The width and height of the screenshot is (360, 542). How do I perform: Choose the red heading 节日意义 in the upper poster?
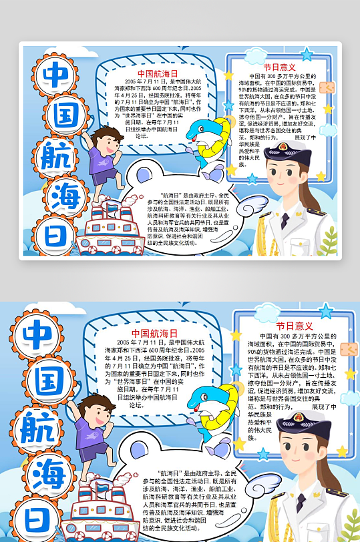point(279,67)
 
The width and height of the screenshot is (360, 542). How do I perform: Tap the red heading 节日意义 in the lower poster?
point(294,326)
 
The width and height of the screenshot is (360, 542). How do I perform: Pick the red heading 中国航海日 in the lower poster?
point(154,333)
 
